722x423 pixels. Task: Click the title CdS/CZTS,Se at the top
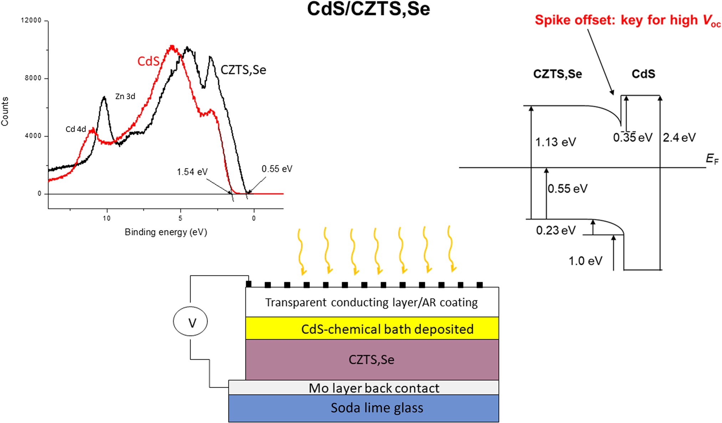coord(368,9)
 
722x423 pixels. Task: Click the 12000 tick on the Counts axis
coord(31,20)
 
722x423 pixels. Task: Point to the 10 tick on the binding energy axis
coord(107,218)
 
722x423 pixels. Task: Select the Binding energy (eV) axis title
coord(166,232)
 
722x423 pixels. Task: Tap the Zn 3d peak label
coord(125,96)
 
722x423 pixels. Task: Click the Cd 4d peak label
coord(76,129)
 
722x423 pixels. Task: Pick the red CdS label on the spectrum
coord(148,61)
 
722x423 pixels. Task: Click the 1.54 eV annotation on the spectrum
coord(192,172)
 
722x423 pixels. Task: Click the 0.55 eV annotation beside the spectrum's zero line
coord(277,169)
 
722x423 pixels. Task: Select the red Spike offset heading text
coord(628,20)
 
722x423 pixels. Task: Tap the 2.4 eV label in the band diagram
coord(679,138)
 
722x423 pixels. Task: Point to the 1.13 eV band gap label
coord(555,142)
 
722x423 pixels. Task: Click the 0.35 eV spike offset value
coord(633,138)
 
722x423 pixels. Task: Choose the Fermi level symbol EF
coord(712,159)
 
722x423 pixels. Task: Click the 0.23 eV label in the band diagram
coord(555,230)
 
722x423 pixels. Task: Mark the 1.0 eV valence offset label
coord(585,261)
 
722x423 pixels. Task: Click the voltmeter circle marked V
coord(190,322)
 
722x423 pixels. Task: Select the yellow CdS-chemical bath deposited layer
coord(372,328)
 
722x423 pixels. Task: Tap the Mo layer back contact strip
coord(363,388)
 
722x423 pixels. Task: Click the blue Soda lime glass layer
coord(363,408)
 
